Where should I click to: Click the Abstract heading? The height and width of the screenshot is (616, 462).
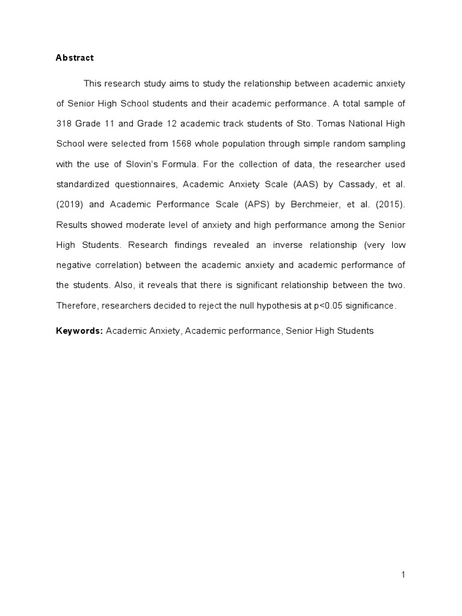75,58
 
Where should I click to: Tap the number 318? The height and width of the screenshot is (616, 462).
64,124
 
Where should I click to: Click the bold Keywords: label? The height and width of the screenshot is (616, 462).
79,331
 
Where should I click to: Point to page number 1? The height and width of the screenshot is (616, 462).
404,575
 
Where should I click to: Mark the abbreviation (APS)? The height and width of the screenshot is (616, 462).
254,205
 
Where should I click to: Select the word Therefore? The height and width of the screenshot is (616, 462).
77,306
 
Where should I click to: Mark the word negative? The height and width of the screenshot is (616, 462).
74,265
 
